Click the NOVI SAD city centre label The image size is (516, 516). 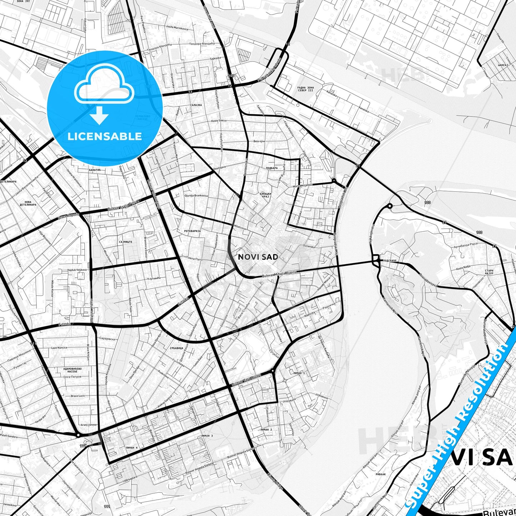click(258, 257)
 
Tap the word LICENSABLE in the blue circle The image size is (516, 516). click(105, 136)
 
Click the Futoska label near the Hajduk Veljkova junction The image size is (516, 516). click(65, 324)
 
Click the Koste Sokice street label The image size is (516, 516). click(219, 121)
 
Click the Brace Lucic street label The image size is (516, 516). click(78, 396)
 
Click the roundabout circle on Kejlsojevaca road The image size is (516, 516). click(390, 206)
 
